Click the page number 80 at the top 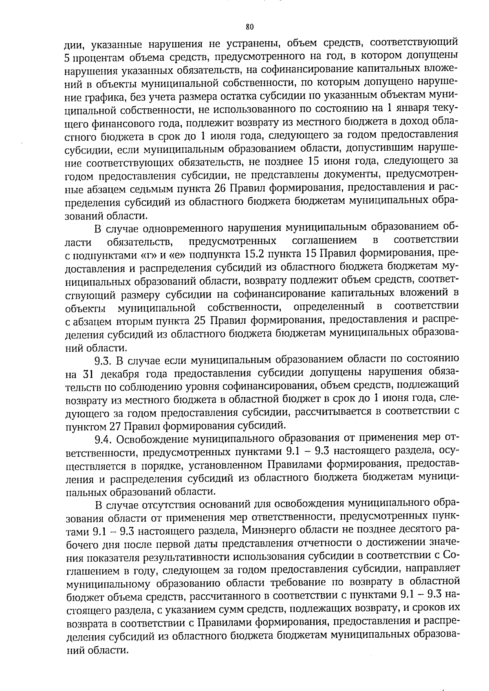250,27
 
